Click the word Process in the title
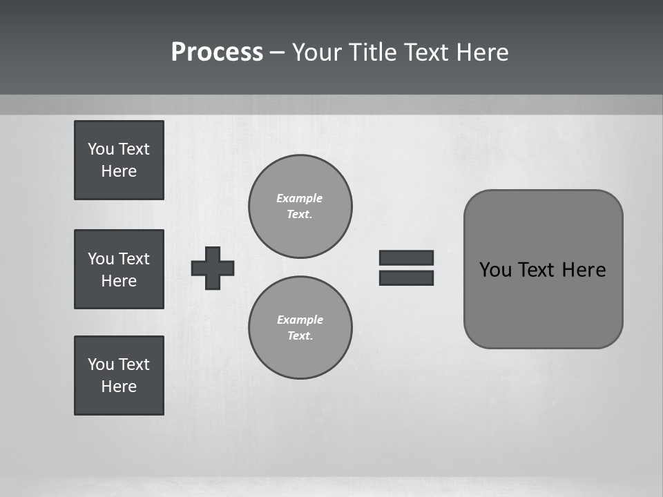coord(217,52)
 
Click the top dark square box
coord(119,160)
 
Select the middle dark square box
coord(119,269)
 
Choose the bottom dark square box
coord(119,376)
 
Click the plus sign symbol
coord(213,268)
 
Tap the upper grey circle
coord(300,206)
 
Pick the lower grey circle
coord(300,328)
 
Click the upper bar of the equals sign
coord(406,257)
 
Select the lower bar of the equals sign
coord(406,277)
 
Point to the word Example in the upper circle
coord(299,198)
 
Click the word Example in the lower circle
coord(300,320)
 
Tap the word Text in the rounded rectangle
coord(537,270)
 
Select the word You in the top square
coord(101,149)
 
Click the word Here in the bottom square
coord(119,387)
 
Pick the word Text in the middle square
coord(133,259)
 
